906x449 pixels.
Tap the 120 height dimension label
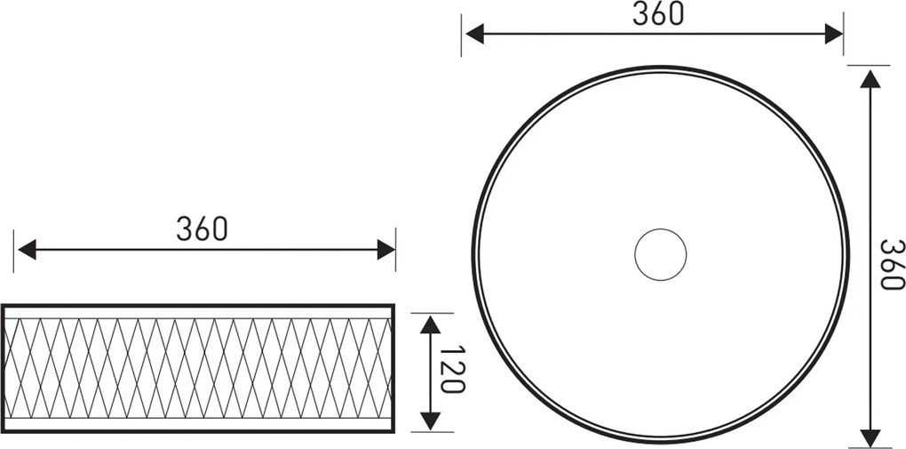pyautogui.click(x=452, y=369)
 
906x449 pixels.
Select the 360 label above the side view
pyautogui.click(x=203, y=229)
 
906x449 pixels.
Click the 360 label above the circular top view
pyautogui.click(x=658, y=14)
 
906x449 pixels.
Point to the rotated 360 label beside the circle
pyautogui.click(x=892, y=264)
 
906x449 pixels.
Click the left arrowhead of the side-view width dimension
pyautogui.click(x=28, y=250)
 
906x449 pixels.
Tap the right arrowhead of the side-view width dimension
pyautogui.click(x=386, y=250)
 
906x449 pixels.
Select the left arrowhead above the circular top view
pyautogui.click(x=474, y=34)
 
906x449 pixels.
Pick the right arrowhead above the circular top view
pyautogui.click(x=834, y=34)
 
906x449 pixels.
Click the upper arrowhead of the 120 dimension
pyautogui.click(x=431, y=325)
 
